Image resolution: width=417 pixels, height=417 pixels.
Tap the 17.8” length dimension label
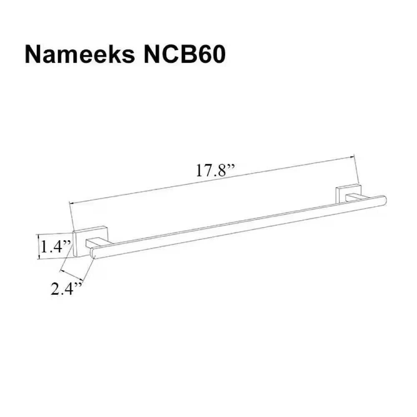[216, 171]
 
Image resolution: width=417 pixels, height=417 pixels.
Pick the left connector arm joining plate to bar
[100, 243]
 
